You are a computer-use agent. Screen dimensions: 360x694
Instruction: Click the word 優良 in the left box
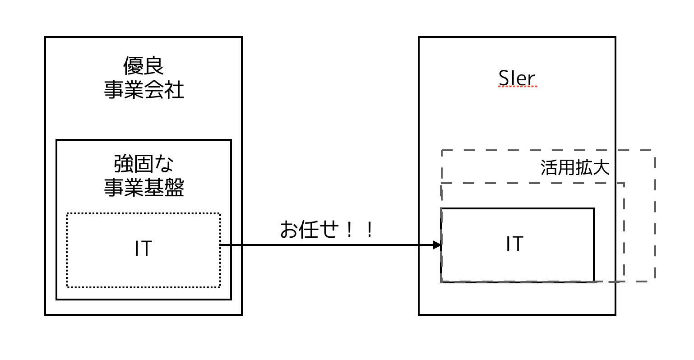[143, 66]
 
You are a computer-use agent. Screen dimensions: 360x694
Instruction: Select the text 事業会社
[143, 90]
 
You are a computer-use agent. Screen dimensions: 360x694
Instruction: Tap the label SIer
[517, 79]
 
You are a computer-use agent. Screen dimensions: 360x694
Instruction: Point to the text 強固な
[143, 164]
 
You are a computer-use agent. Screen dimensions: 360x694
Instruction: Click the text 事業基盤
[143, 188]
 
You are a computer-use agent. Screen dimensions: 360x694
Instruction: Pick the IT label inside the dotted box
[143, 249]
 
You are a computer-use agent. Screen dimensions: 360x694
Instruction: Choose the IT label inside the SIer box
[514, 244]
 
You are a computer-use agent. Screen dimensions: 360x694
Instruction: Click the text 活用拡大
[575, 167]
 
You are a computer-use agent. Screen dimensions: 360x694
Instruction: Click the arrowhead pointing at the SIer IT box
[437, 245]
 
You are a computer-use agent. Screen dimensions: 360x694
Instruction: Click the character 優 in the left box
[134, 66]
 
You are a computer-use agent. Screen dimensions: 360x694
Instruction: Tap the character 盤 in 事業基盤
[174, 188]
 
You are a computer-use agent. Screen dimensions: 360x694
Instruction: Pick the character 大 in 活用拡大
[601, 167]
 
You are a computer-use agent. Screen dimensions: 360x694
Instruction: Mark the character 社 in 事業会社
[174, 90]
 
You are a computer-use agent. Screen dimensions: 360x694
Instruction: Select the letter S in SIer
[504, 79]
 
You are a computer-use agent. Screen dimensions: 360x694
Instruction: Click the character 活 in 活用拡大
[549, 167]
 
